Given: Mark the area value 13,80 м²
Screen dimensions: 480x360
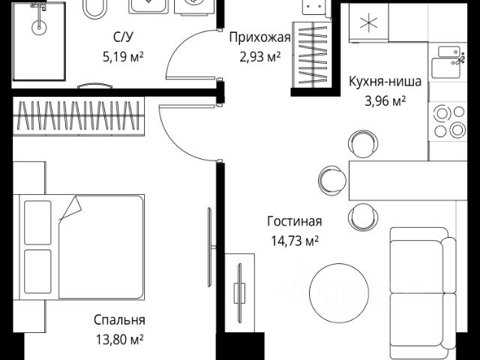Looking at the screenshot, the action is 119,339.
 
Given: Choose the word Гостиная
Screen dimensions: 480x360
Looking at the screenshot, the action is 294,221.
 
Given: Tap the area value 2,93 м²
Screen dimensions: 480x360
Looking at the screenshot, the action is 254,55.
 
